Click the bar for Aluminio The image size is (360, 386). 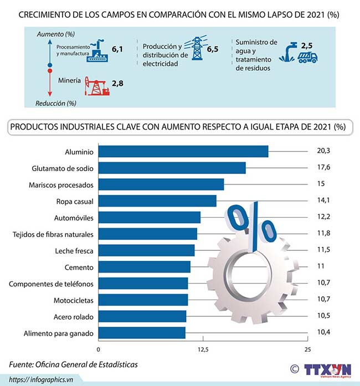click(x=183, y=151)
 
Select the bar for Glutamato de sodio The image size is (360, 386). click(x=172, y=168)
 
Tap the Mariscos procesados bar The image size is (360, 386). click(x=161, y=184)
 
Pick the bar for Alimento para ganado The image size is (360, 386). click(x=142, y=333)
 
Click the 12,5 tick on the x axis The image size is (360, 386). click(x=203, y=349)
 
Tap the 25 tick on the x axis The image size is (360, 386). click(x=308, y=349)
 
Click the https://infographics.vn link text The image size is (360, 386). click(x=42, y=379)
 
